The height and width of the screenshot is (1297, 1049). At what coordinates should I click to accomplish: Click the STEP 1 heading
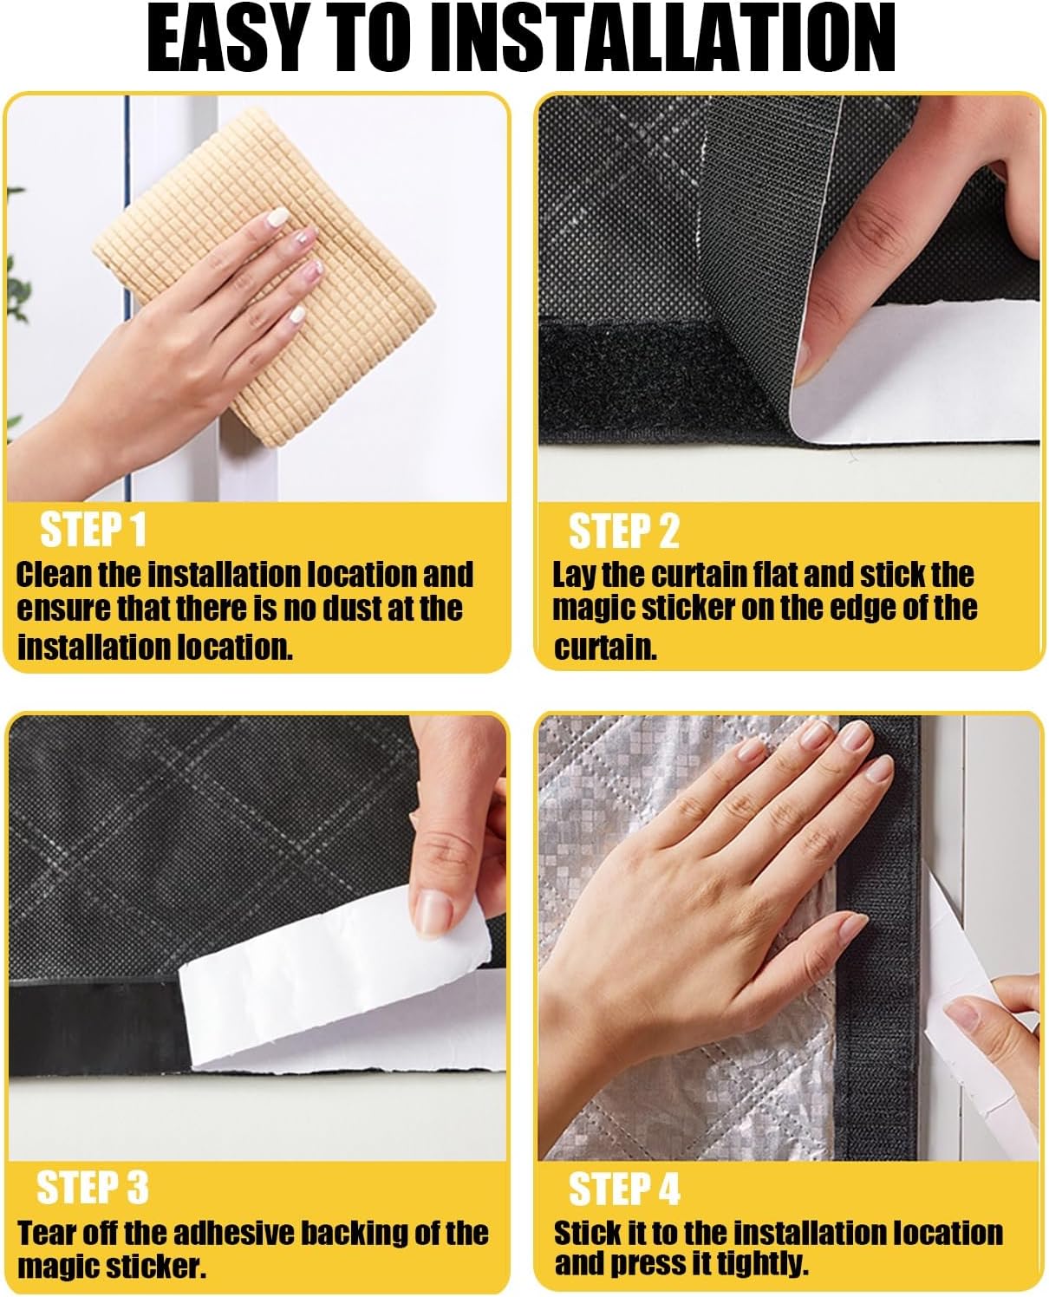point(93,529)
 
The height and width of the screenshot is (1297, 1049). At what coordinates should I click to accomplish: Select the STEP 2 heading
point(623,531)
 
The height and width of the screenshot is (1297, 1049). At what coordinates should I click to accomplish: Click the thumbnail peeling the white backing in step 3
point(432,913)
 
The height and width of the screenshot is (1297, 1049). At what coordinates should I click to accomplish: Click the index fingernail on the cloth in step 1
point(277,218)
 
